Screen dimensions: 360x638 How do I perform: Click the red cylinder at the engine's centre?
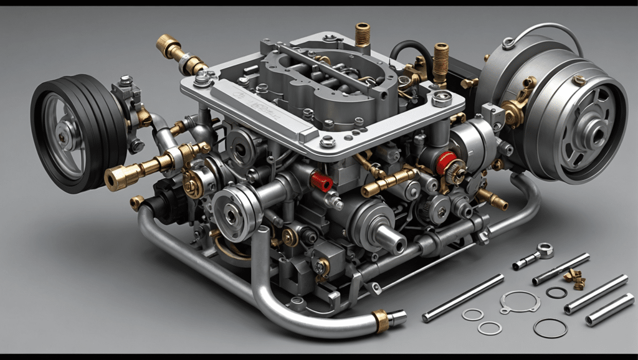click(322, 181)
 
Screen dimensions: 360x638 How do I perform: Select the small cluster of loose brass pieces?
click(574, 277)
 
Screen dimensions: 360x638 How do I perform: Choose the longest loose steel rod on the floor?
click(462, 298)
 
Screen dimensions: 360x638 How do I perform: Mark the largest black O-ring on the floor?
click(550, 328)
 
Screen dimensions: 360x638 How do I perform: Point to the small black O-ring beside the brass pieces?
click(556, 291)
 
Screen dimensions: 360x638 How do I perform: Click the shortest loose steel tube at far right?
click(609, 310)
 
